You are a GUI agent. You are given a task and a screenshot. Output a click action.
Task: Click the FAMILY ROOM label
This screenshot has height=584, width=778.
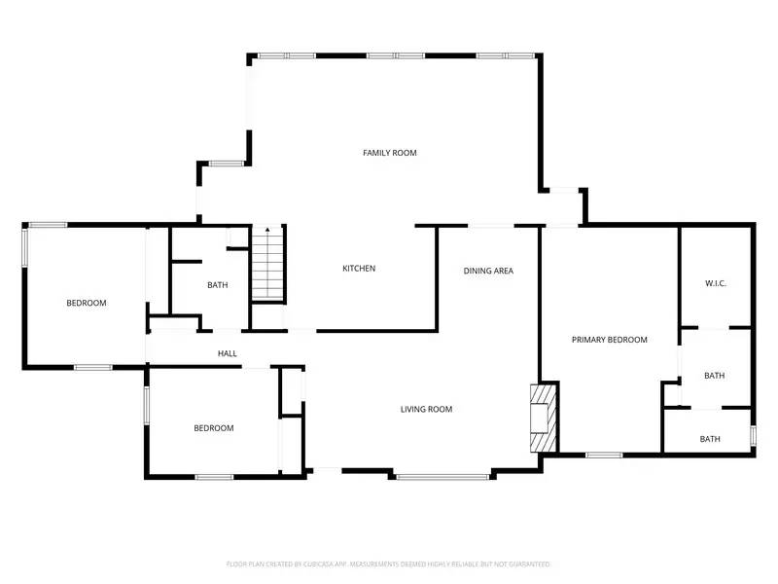(x=389, y=153)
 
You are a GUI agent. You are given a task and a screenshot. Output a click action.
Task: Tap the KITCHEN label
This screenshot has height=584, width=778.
(x=358, y=269)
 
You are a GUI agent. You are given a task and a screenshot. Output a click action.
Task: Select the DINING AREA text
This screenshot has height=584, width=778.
(x=487, y=271)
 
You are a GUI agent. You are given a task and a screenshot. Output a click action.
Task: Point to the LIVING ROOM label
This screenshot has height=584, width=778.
(x=426, y=409)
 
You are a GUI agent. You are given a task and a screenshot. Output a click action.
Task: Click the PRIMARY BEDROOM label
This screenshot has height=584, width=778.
(x=609, y=340)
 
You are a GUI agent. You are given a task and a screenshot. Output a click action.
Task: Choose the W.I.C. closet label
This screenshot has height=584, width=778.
(x=716, y=283)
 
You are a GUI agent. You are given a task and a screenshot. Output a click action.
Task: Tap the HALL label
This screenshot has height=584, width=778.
(x=227, y=353)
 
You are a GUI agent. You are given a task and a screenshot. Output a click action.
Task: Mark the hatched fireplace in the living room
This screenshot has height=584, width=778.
(x=543, y=418)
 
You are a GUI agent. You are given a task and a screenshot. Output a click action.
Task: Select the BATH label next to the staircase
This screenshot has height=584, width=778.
(x=217, y=285)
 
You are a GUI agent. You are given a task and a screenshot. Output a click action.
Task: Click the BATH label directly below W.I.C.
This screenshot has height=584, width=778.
(x=714, y=376)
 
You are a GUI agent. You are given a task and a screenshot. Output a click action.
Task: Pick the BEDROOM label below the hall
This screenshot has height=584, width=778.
(x=213, y=428)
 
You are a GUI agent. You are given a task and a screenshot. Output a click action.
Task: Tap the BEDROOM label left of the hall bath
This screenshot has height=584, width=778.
(x=86, y=303)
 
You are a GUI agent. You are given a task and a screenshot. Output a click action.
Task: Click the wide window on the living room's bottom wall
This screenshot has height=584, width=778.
(x=442, y=476)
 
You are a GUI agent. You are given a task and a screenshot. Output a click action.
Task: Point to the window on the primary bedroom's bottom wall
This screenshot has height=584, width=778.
(x=604, y=454)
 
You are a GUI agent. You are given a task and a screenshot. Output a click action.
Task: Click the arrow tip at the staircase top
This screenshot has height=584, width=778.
(x=266, y=229)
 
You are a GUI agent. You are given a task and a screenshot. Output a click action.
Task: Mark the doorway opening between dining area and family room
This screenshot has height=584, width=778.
(x=491, y=227)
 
